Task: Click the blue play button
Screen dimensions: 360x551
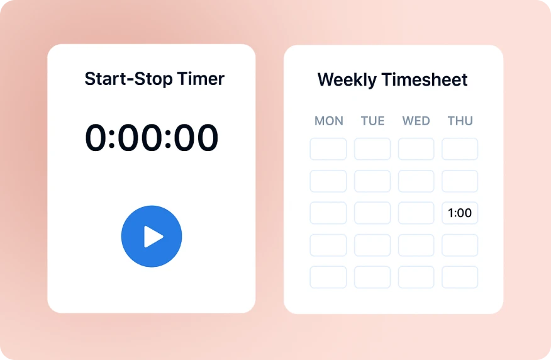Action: [x=152, y=236]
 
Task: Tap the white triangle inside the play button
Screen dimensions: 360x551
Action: [x=153, y=237]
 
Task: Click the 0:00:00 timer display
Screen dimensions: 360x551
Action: [x=152, y=138]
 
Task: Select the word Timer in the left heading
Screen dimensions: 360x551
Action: [x=201, y=79]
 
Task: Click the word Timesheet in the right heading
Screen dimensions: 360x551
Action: [x=429, y=80]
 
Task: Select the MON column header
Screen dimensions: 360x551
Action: [x=328, y=121]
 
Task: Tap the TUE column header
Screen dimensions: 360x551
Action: [x=372, y=121]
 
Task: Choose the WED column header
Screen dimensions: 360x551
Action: [x=416, y=121]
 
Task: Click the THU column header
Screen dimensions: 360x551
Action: [x=460, y=121]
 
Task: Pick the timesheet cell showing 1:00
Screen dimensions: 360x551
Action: [x=460, y=213]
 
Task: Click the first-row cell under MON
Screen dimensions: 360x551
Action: [x=328, y=149]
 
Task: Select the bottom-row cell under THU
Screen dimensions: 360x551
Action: [x=460, y=277]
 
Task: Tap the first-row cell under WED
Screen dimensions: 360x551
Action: [x=416, y=149]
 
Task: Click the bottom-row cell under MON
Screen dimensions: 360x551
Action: [x=328, y=277]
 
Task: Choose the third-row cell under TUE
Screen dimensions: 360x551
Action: [x=372, y=213]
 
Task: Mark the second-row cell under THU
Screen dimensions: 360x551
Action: [x=460, y=181]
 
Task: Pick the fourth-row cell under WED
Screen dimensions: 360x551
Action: [x=416, y=245]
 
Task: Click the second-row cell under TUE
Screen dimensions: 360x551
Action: [x=372, y=181]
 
